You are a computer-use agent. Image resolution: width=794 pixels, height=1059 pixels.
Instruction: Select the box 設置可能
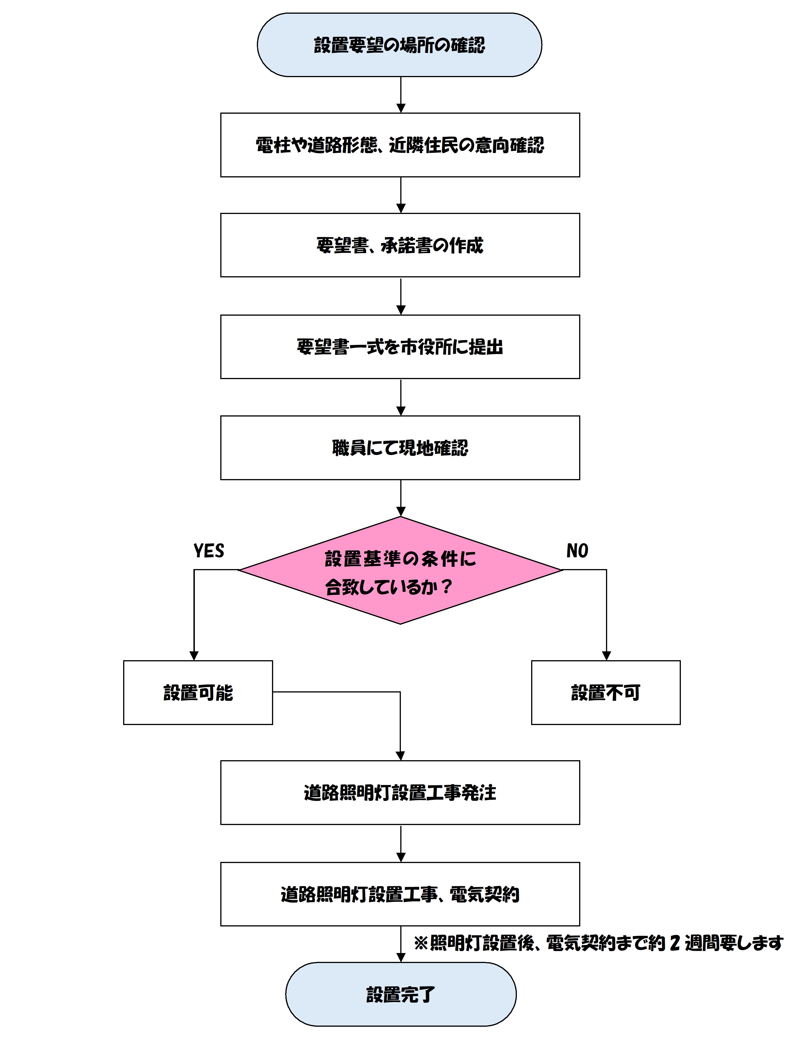[x=198, y=692]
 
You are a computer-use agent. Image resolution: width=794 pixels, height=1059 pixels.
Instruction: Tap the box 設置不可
[x=605, y=692]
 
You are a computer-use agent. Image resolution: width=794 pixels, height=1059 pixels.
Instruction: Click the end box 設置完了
[x=400, y=994]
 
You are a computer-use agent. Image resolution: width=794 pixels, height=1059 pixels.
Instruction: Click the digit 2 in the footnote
[x=675, y=943]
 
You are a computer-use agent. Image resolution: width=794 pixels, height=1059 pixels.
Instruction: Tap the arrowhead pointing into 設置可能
[x=194, y=656]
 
